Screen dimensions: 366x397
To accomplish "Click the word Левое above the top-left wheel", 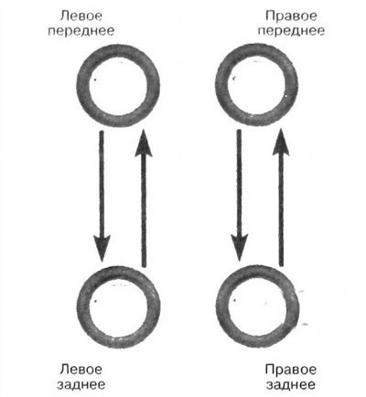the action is (81, 16).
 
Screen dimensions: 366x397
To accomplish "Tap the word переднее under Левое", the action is (81, 31).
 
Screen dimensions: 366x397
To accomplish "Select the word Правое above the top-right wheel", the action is (291, 16).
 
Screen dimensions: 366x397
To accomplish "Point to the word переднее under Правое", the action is (291, 31).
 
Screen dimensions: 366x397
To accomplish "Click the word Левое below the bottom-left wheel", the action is (81, 370).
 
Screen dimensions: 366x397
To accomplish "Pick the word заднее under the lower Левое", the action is (81, 384).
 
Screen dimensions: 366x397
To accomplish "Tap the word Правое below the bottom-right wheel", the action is (291, 370).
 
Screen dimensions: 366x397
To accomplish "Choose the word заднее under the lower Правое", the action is (291, 384).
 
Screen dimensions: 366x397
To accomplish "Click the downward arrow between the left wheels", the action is (102, 196).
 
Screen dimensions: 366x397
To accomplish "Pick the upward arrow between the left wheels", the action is (144, 198).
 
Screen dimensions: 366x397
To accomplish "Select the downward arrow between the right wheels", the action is (240, 195).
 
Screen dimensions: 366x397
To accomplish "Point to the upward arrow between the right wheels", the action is (281, 198).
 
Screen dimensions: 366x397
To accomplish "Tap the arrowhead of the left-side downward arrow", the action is (102, 249).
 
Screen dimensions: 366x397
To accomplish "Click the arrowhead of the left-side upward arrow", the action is (144, 143).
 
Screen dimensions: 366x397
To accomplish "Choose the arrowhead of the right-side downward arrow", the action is (240, 248).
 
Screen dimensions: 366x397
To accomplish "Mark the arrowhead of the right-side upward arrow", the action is (281, 142).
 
